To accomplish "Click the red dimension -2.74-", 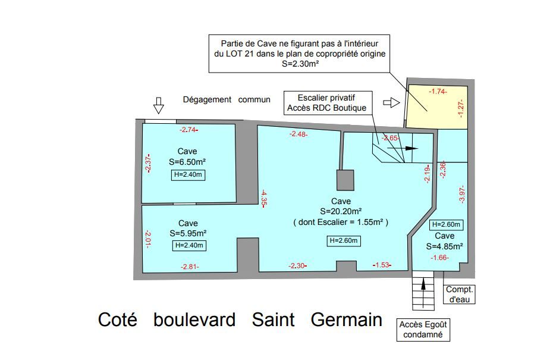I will [188, 129].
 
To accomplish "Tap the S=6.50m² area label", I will [187, 161].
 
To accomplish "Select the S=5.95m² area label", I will [188, 233].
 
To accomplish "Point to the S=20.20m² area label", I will [341, 211].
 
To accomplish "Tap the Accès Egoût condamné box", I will [423, 329].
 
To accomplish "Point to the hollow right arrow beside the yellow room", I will [391, 102].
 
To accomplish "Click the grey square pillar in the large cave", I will [345, 179].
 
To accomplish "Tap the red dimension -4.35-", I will [263, 197].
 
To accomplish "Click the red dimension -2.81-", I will [189, 267].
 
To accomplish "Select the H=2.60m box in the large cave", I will [343, 240].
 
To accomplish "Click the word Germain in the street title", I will [346, 320].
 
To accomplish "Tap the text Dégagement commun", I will [227, 100].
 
